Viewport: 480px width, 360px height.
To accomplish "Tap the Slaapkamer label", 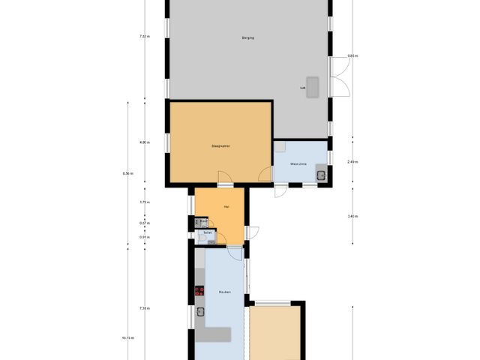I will point(220,146).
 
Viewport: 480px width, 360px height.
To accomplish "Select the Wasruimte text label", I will point(298,163).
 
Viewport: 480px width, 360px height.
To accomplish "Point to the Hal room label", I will point(226,206).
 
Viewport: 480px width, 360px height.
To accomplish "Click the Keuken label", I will point(224,292).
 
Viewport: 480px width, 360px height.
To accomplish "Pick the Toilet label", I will point(208,232).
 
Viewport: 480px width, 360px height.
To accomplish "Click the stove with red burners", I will point(200,291).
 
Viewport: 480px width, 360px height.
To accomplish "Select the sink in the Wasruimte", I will point(321,176).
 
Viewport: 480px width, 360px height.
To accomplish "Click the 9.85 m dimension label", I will point(352,56).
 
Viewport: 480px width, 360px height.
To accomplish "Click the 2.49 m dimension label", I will point(352,162).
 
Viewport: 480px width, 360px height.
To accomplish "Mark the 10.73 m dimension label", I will point(127,337).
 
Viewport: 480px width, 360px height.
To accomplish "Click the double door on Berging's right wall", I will point(340,77).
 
